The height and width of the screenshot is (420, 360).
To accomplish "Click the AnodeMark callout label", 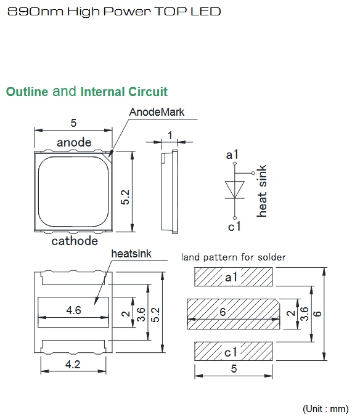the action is [x=157, y=112].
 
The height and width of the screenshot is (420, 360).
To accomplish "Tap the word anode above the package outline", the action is [x=74, y=142].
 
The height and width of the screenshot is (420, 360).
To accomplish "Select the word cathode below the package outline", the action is [x=75, y=241].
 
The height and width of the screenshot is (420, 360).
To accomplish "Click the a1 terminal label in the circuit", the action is [x=232, y=155].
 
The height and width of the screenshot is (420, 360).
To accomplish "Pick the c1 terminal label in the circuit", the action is [x=234, y=227].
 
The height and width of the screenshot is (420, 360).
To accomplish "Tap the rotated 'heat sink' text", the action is [x=262, y=191].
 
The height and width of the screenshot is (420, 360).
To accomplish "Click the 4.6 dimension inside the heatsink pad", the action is [x=73, y=310].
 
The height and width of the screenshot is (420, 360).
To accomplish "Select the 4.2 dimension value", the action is [x=73, y=365].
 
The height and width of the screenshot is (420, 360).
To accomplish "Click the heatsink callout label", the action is [x=131, y=254].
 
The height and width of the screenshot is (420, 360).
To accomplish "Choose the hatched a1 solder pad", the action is [x=233, y=277].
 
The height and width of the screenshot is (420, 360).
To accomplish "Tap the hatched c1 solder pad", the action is [x=233, y=351].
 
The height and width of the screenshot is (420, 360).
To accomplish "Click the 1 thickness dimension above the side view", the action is [x=170, y=135].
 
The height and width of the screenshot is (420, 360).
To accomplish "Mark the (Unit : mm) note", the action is [x=325, y=409].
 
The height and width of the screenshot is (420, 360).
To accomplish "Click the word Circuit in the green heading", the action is [x=148, y=92].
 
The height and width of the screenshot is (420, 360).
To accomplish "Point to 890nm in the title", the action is [x=35, y=12].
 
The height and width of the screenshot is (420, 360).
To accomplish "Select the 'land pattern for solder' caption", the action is [x=234, y=257].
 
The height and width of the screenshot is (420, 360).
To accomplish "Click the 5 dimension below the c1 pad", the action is [x=234, y=368].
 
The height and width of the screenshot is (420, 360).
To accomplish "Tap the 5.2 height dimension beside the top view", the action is [x=125, y=197].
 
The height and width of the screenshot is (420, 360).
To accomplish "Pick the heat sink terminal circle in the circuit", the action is [x=253, y=173].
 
